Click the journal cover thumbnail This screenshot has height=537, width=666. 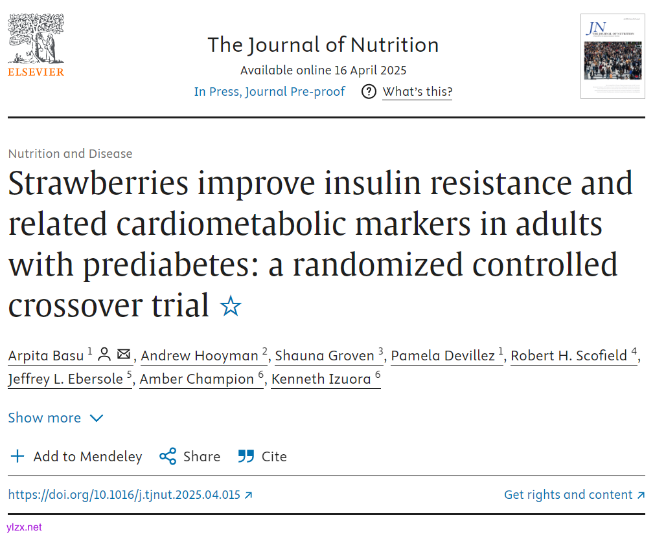(612, 56)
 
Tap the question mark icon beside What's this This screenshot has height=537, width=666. (369, 92)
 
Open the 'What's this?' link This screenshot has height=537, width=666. (417, 92)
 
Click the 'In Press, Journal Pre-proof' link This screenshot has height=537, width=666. (270, 92)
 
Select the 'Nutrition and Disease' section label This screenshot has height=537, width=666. (70, 154)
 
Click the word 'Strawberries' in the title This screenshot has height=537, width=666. (98, 184)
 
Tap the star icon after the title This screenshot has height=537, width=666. (231, 306)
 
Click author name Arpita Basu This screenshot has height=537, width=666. (45, 356)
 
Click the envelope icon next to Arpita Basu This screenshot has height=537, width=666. (124, 355)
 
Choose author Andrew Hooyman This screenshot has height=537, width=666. (199, 356)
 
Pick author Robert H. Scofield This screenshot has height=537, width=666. (569, 356)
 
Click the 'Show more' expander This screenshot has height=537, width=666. (56, 418)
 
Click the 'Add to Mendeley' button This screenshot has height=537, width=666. (76, 457)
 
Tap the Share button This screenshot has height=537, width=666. (190, 457)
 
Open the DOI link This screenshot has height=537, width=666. (130, 495)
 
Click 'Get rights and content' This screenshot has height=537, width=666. (574, 495)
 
